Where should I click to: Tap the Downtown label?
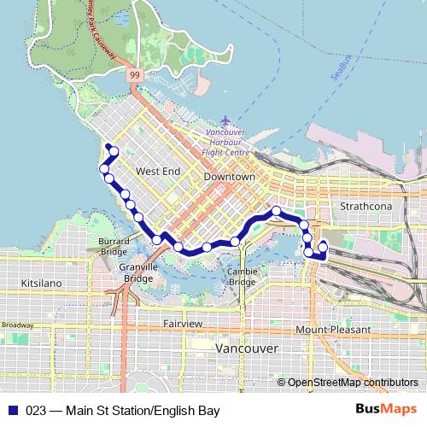tap(230, 176)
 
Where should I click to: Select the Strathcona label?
tap(365, 207)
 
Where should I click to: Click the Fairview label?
tap(183, 325)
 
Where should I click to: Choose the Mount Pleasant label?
tap(333, 329)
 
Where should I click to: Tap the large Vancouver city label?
tap(246, 349)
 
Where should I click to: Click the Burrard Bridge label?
tap(114, 246)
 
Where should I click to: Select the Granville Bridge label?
tap(137, 272)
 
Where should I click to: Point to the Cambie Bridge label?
tap(242, 276)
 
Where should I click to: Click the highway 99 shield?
tap(135, 75)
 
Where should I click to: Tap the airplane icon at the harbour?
tap(225, 120)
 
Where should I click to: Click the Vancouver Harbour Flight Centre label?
tap(225, 143)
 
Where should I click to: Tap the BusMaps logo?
tap(387, 410)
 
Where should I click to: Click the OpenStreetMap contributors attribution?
tap(353, 383)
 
